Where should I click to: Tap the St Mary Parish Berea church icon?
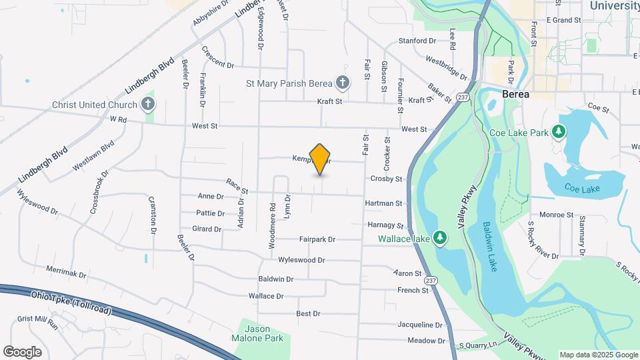point(342,83)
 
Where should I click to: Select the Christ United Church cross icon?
point(147,105)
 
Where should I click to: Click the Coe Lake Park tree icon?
point(558,133)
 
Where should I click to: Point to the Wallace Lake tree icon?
point(439,238)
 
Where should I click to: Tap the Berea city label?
point(516,94)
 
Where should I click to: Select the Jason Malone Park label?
point(264,333)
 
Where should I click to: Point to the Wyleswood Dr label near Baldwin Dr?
point(301,260)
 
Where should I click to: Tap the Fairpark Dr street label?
point(317,239)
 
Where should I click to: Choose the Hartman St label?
point(384,203)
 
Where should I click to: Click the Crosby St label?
point(387,179)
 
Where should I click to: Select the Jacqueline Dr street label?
point(420,325)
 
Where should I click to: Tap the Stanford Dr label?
point(417,41)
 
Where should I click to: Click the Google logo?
point(23,351)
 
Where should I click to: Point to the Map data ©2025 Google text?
point(597,355)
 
